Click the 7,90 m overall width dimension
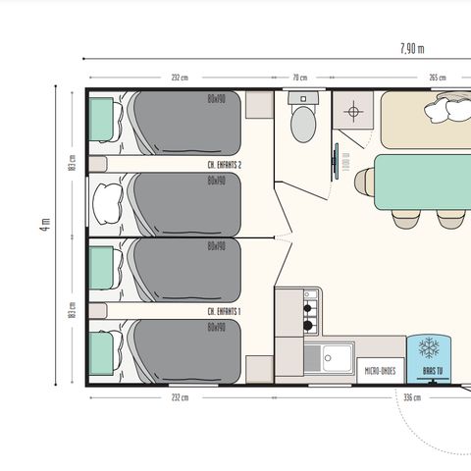point(412,48)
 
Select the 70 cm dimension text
point(300,78)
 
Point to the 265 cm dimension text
point(437,78)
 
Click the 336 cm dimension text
point(412,397)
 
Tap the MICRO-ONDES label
point(381,371)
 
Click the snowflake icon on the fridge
point(429,348)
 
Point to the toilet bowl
point(303,125)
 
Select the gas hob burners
point(310,309)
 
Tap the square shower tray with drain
point(350,112)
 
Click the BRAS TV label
point(430,372)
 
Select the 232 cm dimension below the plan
point(179,397)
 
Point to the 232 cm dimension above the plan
point(179,78)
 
